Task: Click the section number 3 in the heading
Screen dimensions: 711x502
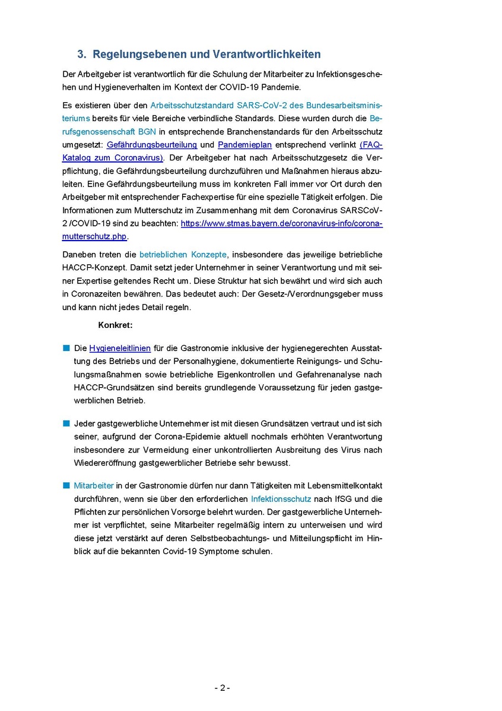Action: click(81, 55)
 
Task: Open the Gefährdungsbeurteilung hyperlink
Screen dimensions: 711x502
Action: click(152, 145)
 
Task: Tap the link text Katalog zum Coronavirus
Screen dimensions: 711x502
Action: click(113, 157)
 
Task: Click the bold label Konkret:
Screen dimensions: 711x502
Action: click(115, 326)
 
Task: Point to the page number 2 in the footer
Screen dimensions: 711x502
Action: click(223, 688)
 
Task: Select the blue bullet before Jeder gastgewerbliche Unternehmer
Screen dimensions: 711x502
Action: click(66, 424)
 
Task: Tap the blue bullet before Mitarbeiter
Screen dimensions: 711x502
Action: click(66, 486)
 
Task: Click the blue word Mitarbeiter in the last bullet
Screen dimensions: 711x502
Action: click(94, 486)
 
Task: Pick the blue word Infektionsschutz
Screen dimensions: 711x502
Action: click(281, 499)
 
